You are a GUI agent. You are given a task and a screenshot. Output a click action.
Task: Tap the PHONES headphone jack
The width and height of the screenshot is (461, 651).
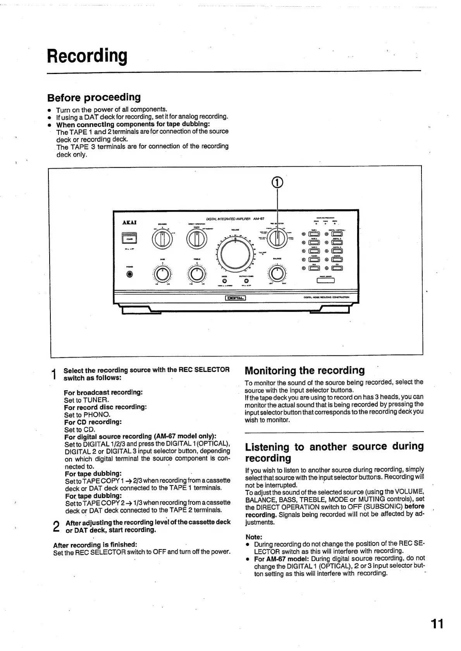point(130,274)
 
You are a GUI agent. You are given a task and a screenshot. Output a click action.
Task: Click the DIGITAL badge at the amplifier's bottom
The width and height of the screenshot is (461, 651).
point(236,298)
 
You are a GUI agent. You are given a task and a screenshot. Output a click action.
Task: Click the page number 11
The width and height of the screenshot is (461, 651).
point(437,624)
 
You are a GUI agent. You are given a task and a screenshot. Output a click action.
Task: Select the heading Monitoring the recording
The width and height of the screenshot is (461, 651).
point(304,370)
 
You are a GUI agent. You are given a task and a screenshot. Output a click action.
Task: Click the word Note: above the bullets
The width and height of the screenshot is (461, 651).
point(254,537)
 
